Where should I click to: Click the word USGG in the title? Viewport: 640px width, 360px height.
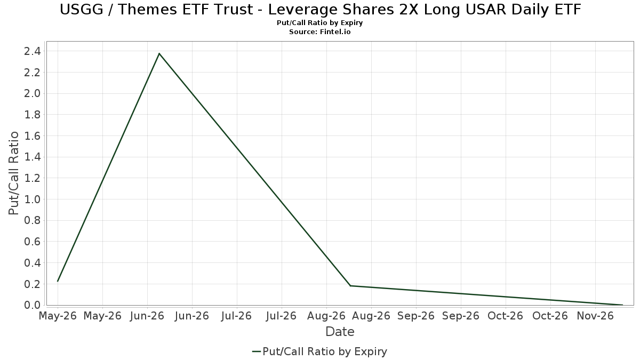tap(82, 10)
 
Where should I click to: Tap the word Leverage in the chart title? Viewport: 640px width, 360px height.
tap(302, 10)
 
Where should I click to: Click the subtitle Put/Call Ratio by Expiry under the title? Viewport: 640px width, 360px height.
tap(319, 23)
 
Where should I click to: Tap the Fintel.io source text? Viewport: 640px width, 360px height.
tap(335, 31)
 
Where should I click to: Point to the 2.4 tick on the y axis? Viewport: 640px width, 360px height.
tap(33, 51)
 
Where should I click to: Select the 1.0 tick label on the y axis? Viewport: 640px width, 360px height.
tap(33, 199)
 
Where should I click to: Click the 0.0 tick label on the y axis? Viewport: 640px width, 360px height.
tap(33, 305)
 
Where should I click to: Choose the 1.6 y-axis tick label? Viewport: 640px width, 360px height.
tap(33, 135)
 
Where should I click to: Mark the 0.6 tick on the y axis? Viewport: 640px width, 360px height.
tap(33, 242)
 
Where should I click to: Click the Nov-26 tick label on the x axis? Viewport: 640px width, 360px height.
tap(595, 316)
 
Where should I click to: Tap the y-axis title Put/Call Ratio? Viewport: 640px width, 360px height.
tap(13, 173)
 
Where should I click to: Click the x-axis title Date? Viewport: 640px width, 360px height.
tap(340, 332)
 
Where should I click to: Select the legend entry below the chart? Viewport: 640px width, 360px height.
tap(319, 351)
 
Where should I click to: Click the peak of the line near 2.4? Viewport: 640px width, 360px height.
tap(159, 53)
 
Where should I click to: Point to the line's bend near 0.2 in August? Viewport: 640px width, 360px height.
tap(350, 286)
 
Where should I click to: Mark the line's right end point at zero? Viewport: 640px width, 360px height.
tap(622, 305)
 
